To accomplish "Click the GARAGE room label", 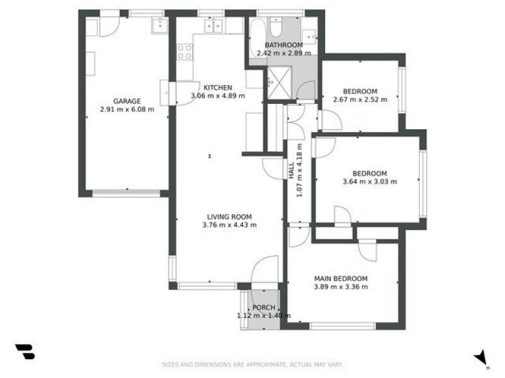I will point(127,101).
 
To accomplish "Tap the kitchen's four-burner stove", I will point(184,52).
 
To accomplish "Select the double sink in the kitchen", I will point(214,26).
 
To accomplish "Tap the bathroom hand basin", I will point(309,35).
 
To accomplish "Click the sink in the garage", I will point(159,26).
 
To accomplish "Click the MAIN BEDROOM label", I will point(341,278).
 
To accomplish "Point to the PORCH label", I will point(264,307).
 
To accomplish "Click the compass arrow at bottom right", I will point(482,357).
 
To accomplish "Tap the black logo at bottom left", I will point(25,352).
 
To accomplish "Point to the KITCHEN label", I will point(217,88).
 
